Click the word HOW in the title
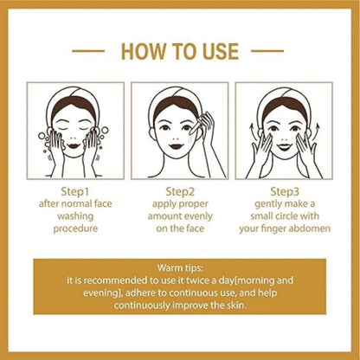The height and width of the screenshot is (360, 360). pyautogui.click(x=142, y=51)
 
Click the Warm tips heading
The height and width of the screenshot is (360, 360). pyautogui.click(x=180, y=269)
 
